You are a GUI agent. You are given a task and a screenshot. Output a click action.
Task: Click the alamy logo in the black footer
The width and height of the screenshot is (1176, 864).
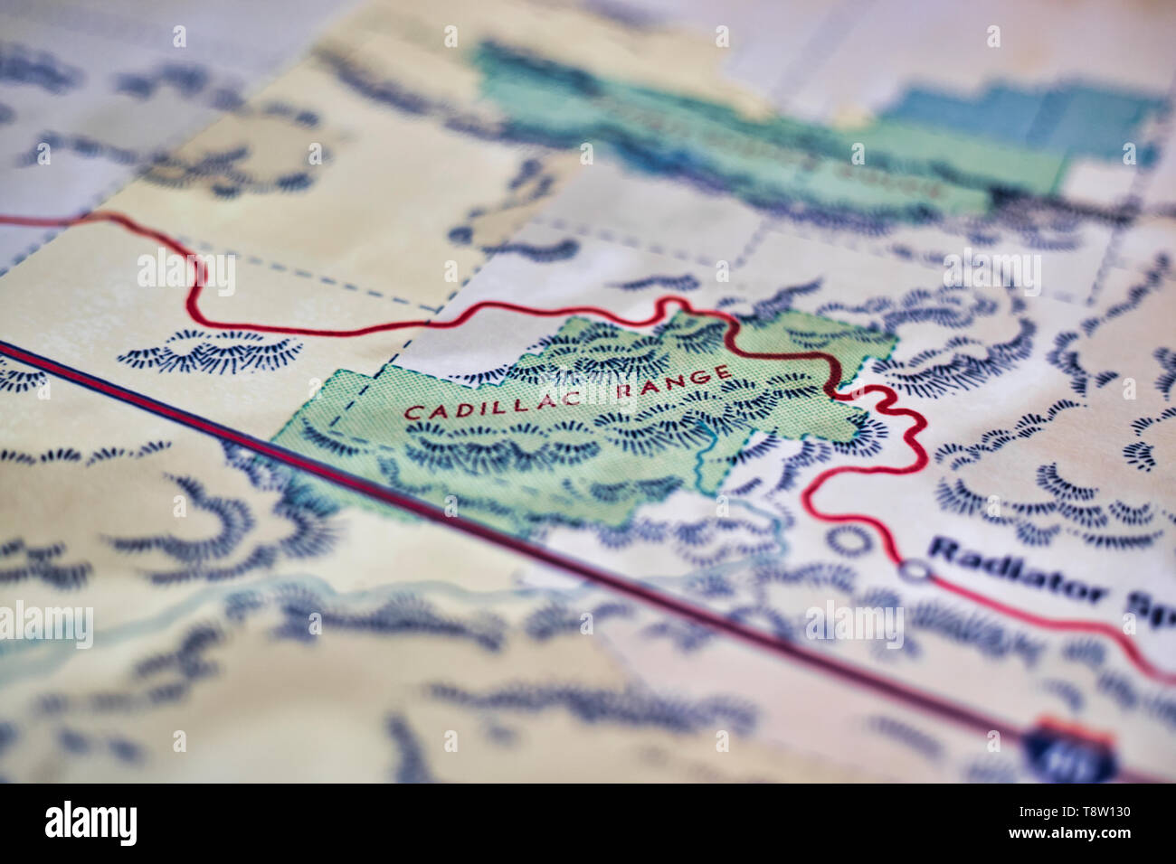click(x=90, y=823)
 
